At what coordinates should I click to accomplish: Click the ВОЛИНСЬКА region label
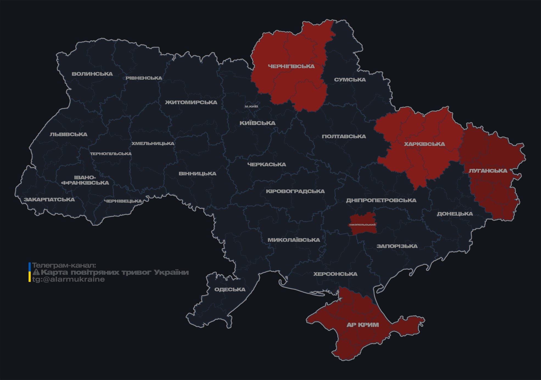coord(92,74)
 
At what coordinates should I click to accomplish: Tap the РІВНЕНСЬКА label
coord(144,78)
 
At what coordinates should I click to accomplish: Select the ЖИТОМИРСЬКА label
coord(191,102)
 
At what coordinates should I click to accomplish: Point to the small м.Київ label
coord(251,106)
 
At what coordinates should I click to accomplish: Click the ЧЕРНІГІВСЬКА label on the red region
coord(291,66)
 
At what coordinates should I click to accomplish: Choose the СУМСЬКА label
coord(350,80)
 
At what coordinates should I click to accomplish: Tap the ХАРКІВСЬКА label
coord(424,144)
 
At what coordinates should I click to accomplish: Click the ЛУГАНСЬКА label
coord(488,171)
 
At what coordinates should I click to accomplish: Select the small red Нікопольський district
coord(363,224)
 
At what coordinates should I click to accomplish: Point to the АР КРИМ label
coord(363,325)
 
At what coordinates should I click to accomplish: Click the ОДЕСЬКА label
coord(230,289)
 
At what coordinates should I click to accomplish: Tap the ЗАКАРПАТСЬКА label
coord(49,199)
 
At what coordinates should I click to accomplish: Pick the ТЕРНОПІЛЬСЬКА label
coord(111,154)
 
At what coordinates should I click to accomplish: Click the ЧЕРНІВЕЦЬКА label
coord(123,201)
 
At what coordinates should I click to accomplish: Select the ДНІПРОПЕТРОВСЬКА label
coord(381,200)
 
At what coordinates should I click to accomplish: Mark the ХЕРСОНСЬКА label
coord(335,274)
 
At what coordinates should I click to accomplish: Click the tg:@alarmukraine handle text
coord(68,279)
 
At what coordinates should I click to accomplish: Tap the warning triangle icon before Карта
coord(36,272)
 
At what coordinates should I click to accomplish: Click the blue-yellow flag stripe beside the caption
coord(30,272)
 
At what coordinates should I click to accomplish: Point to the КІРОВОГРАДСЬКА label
coord(295,191)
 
